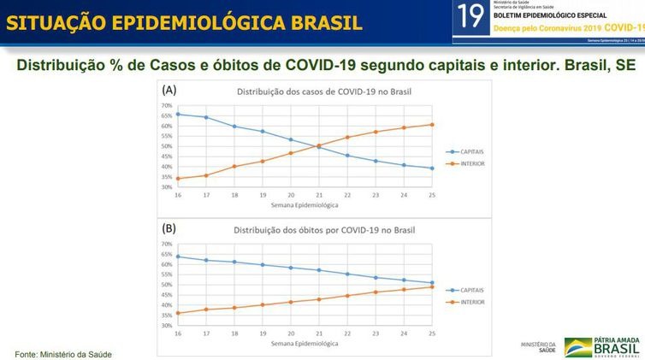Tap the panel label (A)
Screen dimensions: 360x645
(170, 90)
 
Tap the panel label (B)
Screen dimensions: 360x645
(170, 228)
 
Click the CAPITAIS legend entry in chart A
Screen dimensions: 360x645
(470, 150)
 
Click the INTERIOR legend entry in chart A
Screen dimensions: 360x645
(470, 162)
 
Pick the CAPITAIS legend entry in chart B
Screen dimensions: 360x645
(470, 291)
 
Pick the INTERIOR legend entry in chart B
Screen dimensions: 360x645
(470, 302)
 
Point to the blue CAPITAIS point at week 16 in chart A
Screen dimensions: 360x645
(177, 114)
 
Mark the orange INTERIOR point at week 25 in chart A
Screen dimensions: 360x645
(432, 124)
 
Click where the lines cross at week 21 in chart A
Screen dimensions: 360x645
(319, 146)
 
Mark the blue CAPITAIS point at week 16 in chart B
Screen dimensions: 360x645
(177, 257)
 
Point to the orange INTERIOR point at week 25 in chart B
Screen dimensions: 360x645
(432, 286)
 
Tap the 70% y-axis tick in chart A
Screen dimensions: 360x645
(166, 106)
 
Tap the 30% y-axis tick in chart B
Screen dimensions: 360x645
(166, 326)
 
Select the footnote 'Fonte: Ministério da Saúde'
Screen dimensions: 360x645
(63, 353)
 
